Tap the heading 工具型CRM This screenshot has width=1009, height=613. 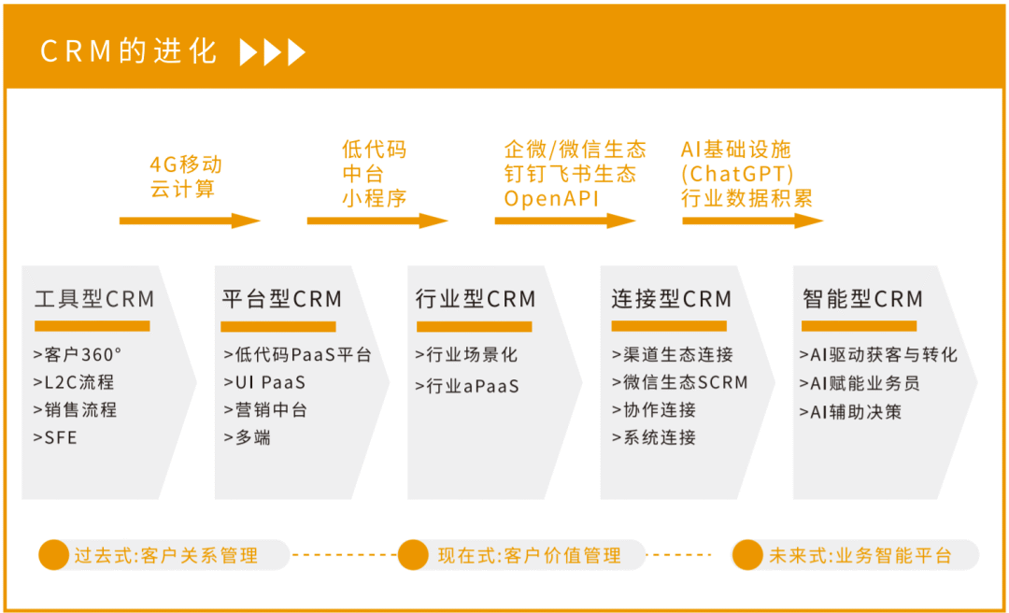(94, 299)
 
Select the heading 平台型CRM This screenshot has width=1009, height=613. (282, 299)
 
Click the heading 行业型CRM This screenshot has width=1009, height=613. (476, 299)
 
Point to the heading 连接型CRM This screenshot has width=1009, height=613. (671, 299)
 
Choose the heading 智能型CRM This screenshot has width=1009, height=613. (862, 299)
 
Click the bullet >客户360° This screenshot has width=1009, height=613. (78, 354)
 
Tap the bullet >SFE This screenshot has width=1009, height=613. (55, 438)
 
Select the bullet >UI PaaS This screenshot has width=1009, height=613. (264, 382)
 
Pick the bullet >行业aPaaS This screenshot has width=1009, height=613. (467, 386)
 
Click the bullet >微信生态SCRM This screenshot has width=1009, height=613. (680, 382)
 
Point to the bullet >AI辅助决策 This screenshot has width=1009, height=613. (850, 411)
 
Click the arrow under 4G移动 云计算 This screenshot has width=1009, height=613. (190, 221)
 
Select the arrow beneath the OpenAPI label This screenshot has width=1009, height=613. (565, 221)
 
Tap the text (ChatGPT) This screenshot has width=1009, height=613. (737, 175)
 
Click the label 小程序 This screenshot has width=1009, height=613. (374, 198)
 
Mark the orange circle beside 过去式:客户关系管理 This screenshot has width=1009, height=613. (54, 555)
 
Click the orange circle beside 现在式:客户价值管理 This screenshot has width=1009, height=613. (413, 555)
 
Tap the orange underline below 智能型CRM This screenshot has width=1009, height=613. (860, 326)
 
